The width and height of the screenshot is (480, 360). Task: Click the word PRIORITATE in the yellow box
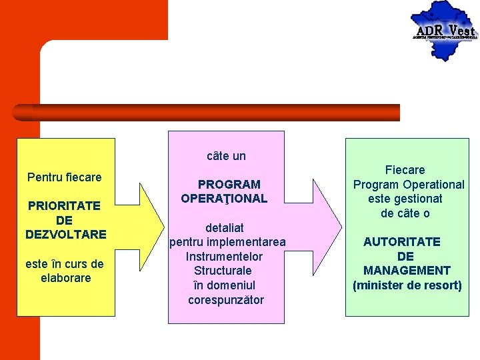click(x=64, y=206)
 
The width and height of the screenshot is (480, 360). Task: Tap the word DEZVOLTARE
click(x=66, y=235)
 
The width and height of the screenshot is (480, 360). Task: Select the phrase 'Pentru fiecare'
click(x=65, y=177)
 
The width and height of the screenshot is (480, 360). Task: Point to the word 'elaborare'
click(x=65, y=278)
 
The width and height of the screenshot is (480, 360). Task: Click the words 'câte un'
click(x=226, y=156)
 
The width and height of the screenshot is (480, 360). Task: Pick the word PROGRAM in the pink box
click(x=229, y=184)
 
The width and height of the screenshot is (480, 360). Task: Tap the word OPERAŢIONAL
click(x=224, y=199)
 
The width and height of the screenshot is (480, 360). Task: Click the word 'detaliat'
click(x=225, y=228)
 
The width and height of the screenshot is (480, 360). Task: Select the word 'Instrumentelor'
click(x=224, y=257)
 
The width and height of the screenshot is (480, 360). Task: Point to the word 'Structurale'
click(x=223, y=271)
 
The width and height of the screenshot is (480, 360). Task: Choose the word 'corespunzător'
click(x=226, y=300)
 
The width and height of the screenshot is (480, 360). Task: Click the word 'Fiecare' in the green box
click(x=405, y=170)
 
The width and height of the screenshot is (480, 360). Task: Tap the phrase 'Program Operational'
click(x=409, y=185)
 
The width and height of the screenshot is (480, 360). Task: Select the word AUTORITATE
click(x=401, y=242)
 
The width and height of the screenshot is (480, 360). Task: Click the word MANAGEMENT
click(x=407, y=271)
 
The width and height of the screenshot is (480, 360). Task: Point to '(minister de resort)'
click(x=407, y=286)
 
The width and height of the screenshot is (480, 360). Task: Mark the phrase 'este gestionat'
click(x=405, y=199)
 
